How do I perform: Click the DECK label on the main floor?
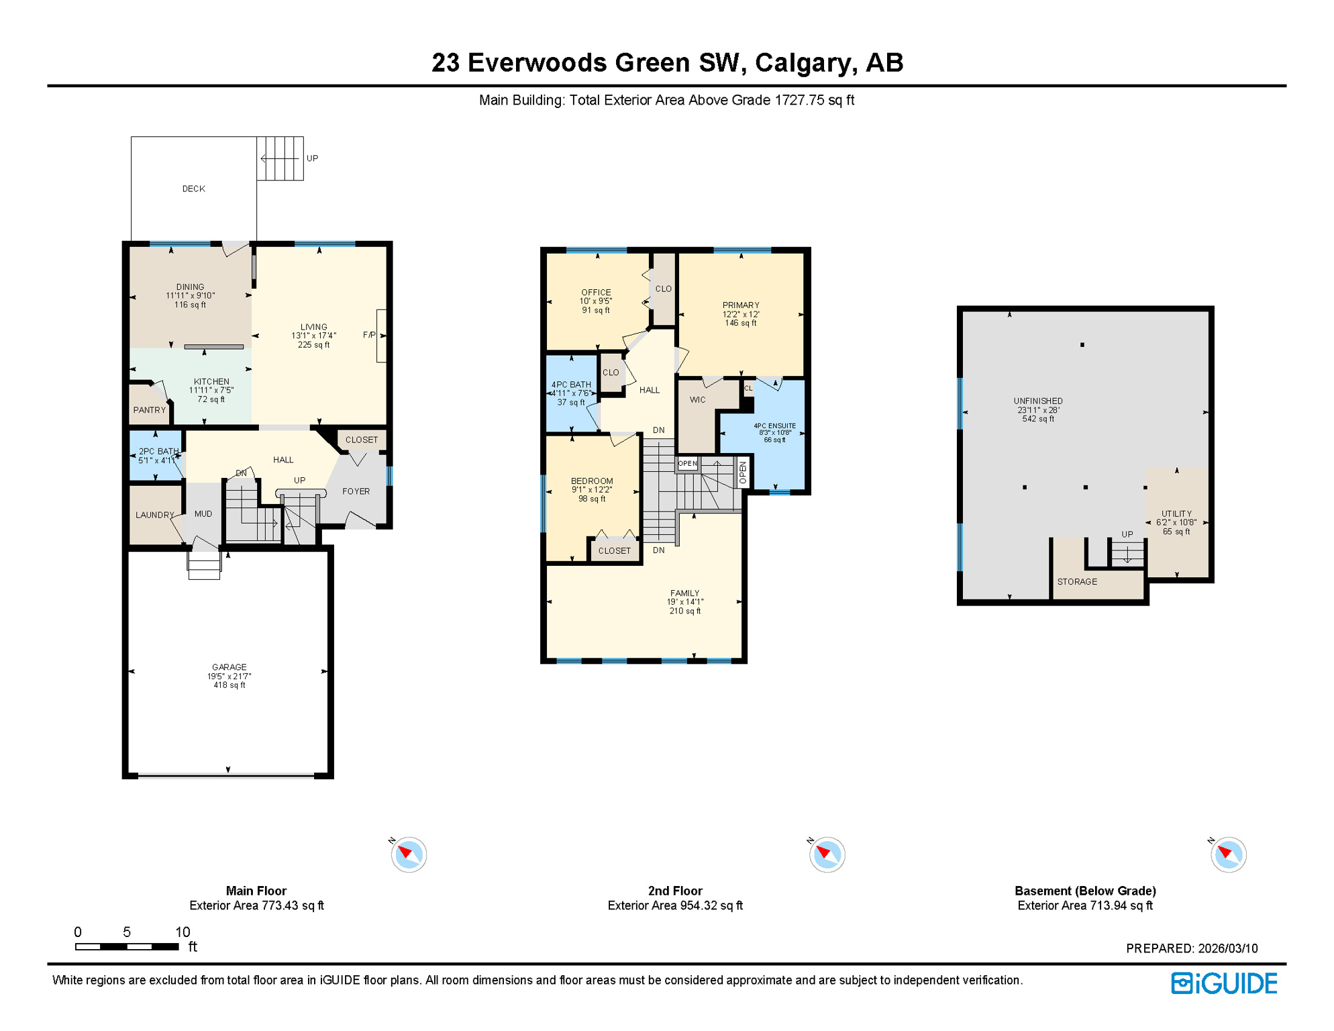coord(193,189)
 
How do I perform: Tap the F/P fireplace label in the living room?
coord(368,335)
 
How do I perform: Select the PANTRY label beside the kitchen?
coord(149,410)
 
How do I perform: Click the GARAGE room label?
coord(229,667)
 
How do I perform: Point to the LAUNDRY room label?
coord(154,515)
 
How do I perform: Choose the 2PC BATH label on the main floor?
coord(158,452)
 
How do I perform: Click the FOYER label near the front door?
coord(356,491)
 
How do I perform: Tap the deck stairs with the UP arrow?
coord(280,158)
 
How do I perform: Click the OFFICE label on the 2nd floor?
coord(596,293)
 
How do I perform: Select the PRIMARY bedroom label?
coord(741,305)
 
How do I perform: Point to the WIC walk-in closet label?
coord(697,400)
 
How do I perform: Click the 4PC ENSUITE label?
coord(774,426)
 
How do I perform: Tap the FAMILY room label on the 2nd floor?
coord(684,593)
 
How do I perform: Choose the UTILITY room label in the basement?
coord(1176,514)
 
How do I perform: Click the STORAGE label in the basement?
coord(1077,582)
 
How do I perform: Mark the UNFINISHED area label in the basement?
coord(1037,401)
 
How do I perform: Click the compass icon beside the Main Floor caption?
coord(409,854)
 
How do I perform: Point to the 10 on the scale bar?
coord(183,932)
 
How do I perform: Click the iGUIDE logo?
coord(1224,983)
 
